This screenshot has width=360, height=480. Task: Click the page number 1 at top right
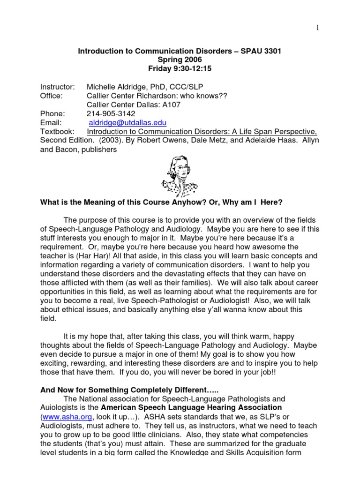tap(317, 28)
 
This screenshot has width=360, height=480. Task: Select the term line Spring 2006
tap(180, 60)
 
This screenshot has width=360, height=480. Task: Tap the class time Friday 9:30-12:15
tap(180, 69)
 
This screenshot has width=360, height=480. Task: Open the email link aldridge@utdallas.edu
tap(127, 123)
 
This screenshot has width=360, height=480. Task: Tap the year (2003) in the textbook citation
tap(106, 141)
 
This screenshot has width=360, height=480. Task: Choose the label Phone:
tap(52, 114)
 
